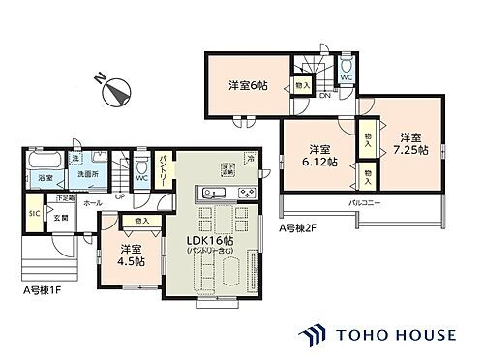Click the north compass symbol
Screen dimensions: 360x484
point(117,92)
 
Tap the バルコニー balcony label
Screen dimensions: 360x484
point(364,206)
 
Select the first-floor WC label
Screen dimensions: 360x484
point(141,177)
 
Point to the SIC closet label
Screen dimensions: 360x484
point(33,214)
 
